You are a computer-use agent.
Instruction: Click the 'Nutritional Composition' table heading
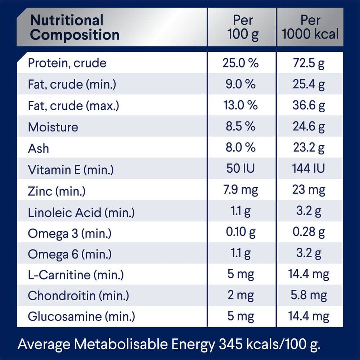tap(75, 27)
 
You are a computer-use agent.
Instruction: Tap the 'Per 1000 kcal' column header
tap(310, 27)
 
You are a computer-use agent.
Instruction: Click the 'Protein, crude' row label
tap(67, 63)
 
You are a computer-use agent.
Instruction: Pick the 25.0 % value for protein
tap(240, 63)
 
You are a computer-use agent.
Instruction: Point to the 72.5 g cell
tap(309, 63)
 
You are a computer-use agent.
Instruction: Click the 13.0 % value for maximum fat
tap(240, 105)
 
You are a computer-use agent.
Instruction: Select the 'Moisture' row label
tap(53, 127)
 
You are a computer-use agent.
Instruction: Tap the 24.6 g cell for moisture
tap(309, 127)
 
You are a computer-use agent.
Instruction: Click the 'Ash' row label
tap(39, 148)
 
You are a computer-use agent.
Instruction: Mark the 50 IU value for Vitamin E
tap(240, 169)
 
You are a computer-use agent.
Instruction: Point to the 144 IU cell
tap(309, 169)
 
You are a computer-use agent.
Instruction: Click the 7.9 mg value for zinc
tap(240, 190)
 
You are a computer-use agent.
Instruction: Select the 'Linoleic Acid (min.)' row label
tap(81, 212)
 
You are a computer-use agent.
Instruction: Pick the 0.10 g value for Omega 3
tap(240, 233)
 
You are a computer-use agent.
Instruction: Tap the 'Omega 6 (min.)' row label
tap(69, 255)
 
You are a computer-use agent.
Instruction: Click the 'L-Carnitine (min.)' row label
tap(76, 275)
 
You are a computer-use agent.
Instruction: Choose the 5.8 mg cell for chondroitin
tap(309, 296)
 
